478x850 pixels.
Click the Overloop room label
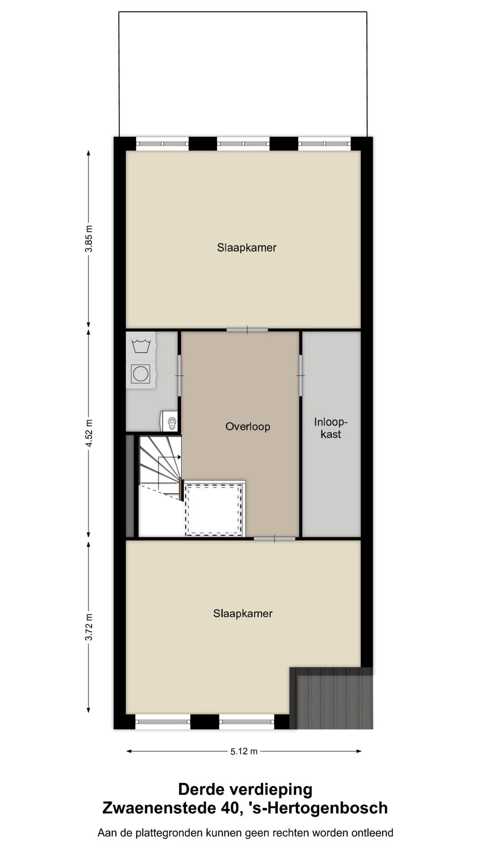247,426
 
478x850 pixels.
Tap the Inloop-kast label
331,428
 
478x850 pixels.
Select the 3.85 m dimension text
89,239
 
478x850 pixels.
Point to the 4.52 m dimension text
89,433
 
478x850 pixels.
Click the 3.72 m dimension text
89,627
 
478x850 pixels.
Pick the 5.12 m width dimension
244,751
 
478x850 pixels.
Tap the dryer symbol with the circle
141,374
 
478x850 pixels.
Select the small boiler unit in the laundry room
169,421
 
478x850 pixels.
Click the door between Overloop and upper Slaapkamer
247,330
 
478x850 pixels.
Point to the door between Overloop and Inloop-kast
301,375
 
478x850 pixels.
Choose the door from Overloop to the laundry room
179,375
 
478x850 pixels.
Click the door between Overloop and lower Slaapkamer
274,539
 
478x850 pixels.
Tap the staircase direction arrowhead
179,457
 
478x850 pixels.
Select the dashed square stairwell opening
214,510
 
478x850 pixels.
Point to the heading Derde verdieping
245,789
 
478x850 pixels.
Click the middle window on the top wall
243,143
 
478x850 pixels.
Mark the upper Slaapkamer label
247,247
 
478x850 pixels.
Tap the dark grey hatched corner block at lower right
332,698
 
